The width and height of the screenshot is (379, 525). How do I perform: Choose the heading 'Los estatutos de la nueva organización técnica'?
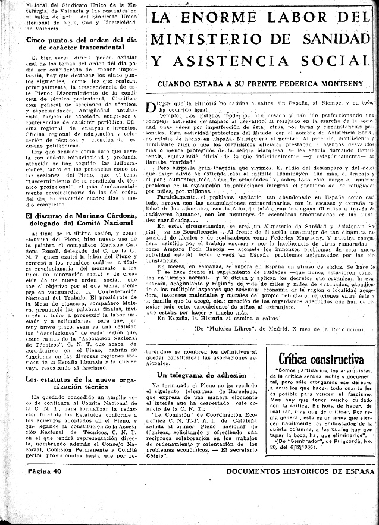pos(79,383)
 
